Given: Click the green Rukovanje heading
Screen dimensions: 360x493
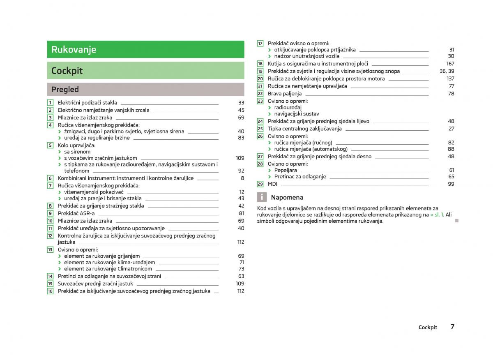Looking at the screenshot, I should point(74,50).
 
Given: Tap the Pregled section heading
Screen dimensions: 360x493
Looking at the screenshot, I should point(65,89).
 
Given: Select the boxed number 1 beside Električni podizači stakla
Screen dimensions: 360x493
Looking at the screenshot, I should point(50,103).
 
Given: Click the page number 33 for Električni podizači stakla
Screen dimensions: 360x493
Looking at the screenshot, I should point(241,103).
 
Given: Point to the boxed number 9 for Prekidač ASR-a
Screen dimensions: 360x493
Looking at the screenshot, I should point(50,213).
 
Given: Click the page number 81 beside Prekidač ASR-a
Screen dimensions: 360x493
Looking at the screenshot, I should point(241,213).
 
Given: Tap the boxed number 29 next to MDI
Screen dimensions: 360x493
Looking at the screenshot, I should point(260,184).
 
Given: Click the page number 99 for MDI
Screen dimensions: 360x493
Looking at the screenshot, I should point(451,184).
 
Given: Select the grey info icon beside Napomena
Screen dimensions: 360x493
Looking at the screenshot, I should point(262,197).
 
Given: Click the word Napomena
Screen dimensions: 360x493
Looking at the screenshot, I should point(287,197).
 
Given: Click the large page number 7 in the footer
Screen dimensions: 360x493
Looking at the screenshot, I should point(452,327).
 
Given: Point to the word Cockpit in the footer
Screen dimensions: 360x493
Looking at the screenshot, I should point(428,327).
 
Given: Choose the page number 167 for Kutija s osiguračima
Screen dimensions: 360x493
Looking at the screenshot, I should point(450,64).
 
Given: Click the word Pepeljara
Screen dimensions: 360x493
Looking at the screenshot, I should point(285,170).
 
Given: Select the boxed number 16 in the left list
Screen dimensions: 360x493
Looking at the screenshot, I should point(50,291).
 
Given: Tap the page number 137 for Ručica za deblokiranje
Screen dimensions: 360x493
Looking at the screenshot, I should point(450,78).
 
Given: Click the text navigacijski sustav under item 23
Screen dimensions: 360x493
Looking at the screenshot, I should point(296,114).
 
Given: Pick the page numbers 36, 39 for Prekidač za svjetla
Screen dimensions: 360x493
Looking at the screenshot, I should point(447,71).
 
